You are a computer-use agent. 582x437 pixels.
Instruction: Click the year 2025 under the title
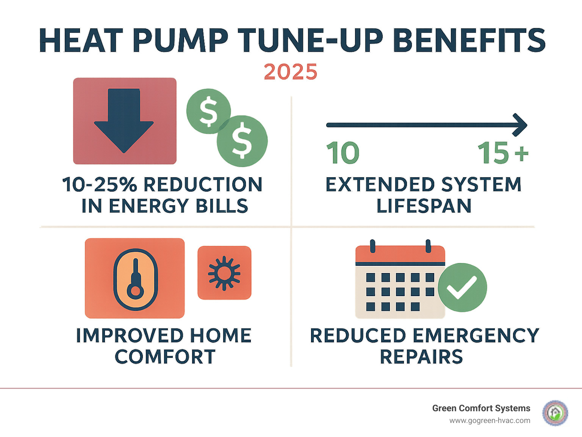pyautogui.click(x=290, y=72)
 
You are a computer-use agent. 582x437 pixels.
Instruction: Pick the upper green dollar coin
pyautogui.click(x=208, y=111)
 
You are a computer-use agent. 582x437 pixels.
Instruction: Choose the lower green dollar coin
pyautogui.click(x=242, y=141)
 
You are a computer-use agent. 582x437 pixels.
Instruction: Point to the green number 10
pyautogui.click(x=343, y=153)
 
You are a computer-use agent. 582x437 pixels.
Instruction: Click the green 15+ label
pyautogui.click(x=502, y=153)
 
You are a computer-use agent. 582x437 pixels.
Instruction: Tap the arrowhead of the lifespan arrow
pyautogui.click(x=521, y=125)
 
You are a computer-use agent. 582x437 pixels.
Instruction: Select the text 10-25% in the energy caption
pyautogui.click(x=99, y=185)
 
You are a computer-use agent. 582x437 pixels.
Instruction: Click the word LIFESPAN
pyautogui.click(x=424, y=206)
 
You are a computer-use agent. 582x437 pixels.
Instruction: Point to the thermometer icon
pyautogui.click(x=135, y=279)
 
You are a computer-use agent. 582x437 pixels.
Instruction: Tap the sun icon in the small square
pyautogui.click(x=224, y=273)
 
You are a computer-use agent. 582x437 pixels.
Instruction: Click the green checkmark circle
pyautogui.click(x=462, y=287)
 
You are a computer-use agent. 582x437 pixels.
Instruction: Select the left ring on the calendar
pyautogui.click(x=372, y=246)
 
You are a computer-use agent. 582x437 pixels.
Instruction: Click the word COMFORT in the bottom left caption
pyautogui.click(x=165, y=357)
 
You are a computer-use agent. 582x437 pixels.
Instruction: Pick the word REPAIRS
pyautogui.click(x=421, y=357)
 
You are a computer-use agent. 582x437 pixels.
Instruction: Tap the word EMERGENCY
pyautogui.click(x=476, y=336)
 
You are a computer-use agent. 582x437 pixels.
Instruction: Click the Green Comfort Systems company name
pyautogui.click(x=481, y=408)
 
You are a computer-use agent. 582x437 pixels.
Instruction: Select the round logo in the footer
pyautogui.click(x=555, y=413)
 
